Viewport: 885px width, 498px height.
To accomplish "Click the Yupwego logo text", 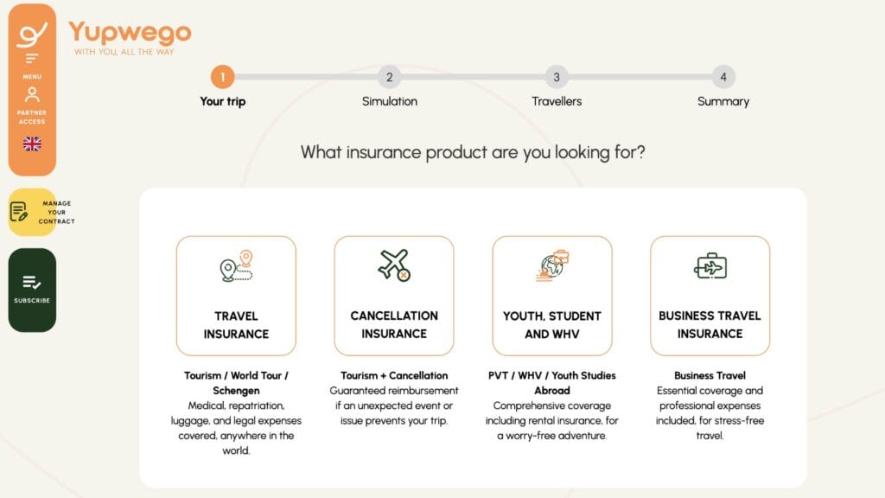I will pyautogui.click(x=130, y=33).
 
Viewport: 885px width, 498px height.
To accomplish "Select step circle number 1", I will pyautogui.click(x=222, y=77).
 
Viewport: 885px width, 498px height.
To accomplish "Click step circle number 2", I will pyautogui.click(x=389, y=77).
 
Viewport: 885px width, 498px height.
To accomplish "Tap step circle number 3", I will pyautogui.click(x=556, y=77).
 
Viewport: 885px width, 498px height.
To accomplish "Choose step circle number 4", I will pyautogui.click(x=723, y=77).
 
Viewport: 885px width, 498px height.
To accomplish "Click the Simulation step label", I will pyautogui.click(x=389, y=101).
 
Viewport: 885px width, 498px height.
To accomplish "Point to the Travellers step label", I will pyautogui.click(x=556, y=101).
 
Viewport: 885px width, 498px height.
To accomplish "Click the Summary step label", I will pyautogui.click(x=723, y=101).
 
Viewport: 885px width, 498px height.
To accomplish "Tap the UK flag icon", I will pyautogui.click(x=32, y=144).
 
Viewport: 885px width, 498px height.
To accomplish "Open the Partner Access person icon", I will pyautogui.click(x=32, y=94).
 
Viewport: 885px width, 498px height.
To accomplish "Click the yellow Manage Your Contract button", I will pyautogui.click(x=32, y=212).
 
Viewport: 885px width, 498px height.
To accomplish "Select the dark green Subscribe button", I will pyautogui.click(x=32, y=290).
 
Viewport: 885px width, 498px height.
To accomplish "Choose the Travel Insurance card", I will pyautogui.click(x=236, y=296).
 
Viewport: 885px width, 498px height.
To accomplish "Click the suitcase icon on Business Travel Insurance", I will pyautogui.click(x=710, y=265).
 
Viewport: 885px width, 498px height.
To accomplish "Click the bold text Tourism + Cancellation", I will pyautogui.click(x=394, y=375).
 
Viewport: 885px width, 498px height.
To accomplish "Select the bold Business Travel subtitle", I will pyautogui.click(x=710, y=375).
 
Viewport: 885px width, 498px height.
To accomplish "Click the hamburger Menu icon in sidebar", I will pyautogui.click(x=32, y=59).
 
